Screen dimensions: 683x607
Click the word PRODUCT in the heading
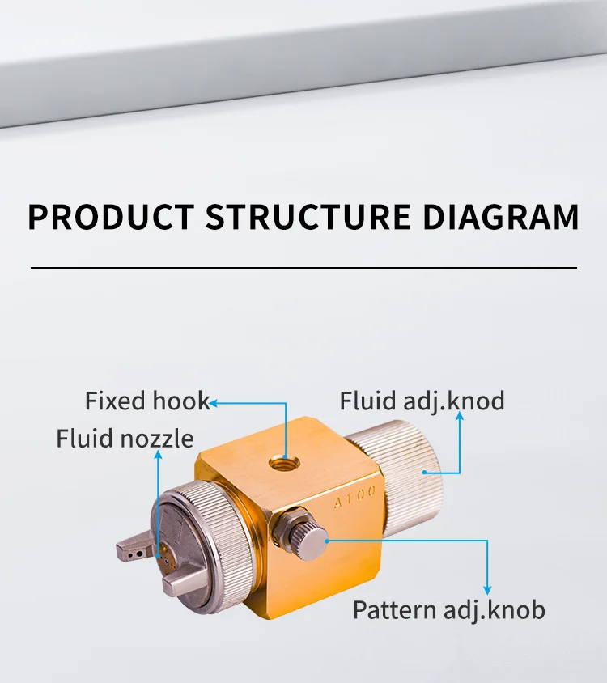(111, 217)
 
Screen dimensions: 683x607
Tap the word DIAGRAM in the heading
(501, 217)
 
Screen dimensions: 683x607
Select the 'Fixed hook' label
(146, 401)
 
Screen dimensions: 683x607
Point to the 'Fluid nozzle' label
(125, 439)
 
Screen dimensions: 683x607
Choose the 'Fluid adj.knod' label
(422, 401)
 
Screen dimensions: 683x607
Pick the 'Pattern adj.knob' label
(448, 609)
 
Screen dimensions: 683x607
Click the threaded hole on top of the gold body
(285, 463)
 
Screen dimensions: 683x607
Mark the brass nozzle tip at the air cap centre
(165, 557)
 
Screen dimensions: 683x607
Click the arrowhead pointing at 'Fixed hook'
(215, 401)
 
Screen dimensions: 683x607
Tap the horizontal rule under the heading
(303, 267)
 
